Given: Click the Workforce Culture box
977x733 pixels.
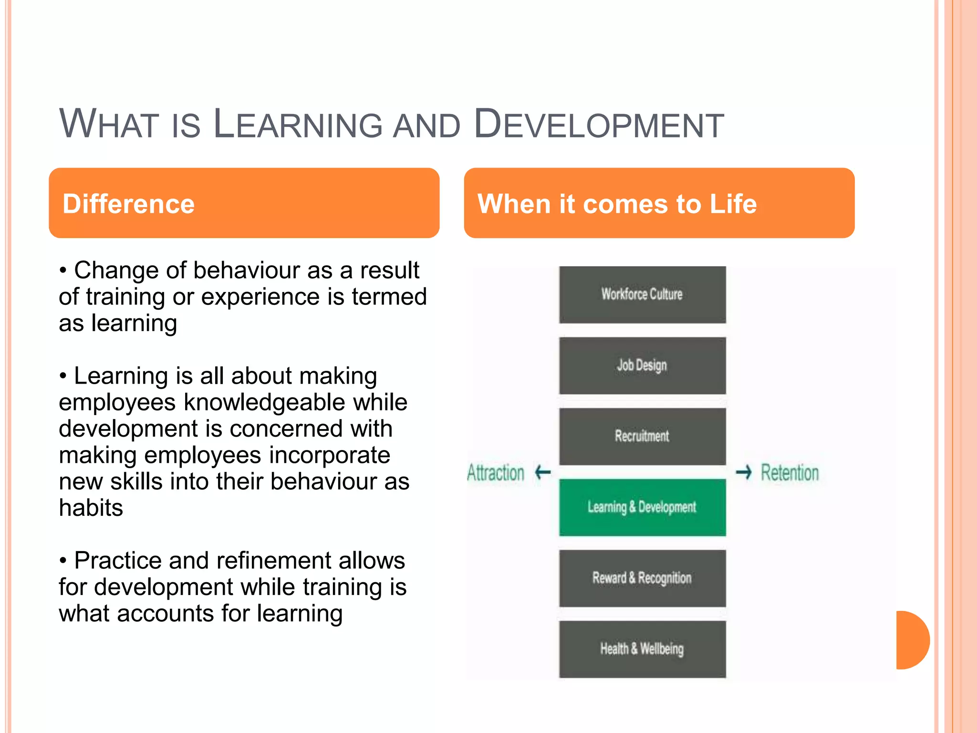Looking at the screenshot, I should coord(642,294).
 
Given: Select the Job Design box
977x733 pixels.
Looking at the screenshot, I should coord(642,366).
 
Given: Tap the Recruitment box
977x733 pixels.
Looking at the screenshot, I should coord(642,436).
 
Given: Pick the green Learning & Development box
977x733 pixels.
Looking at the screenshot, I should coord(642,507).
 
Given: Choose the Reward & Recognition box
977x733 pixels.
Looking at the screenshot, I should coord(642,578).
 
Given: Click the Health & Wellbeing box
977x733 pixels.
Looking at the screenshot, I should coord(642,649).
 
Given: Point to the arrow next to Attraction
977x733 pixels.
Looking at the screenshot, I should coord(543,472).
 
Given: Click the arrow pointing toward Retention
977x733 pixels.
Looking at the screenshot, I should coord(744,472).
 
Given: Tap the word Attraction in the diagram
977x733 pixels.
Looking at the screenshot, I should coord(496,473).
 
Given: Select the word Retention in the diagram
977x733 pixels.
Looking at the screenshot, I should coord(790,473).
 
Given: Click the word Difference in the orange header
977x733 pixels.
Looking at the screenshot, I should coord(129,204).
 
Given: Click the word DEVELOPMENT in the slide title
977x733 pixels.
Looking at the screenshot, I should coord(599,125).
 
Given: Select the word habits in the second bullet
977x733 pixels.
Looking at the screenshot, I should coord(91,508).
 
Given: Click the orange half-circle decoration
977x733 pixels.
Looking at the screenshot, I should coord(912,640).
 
